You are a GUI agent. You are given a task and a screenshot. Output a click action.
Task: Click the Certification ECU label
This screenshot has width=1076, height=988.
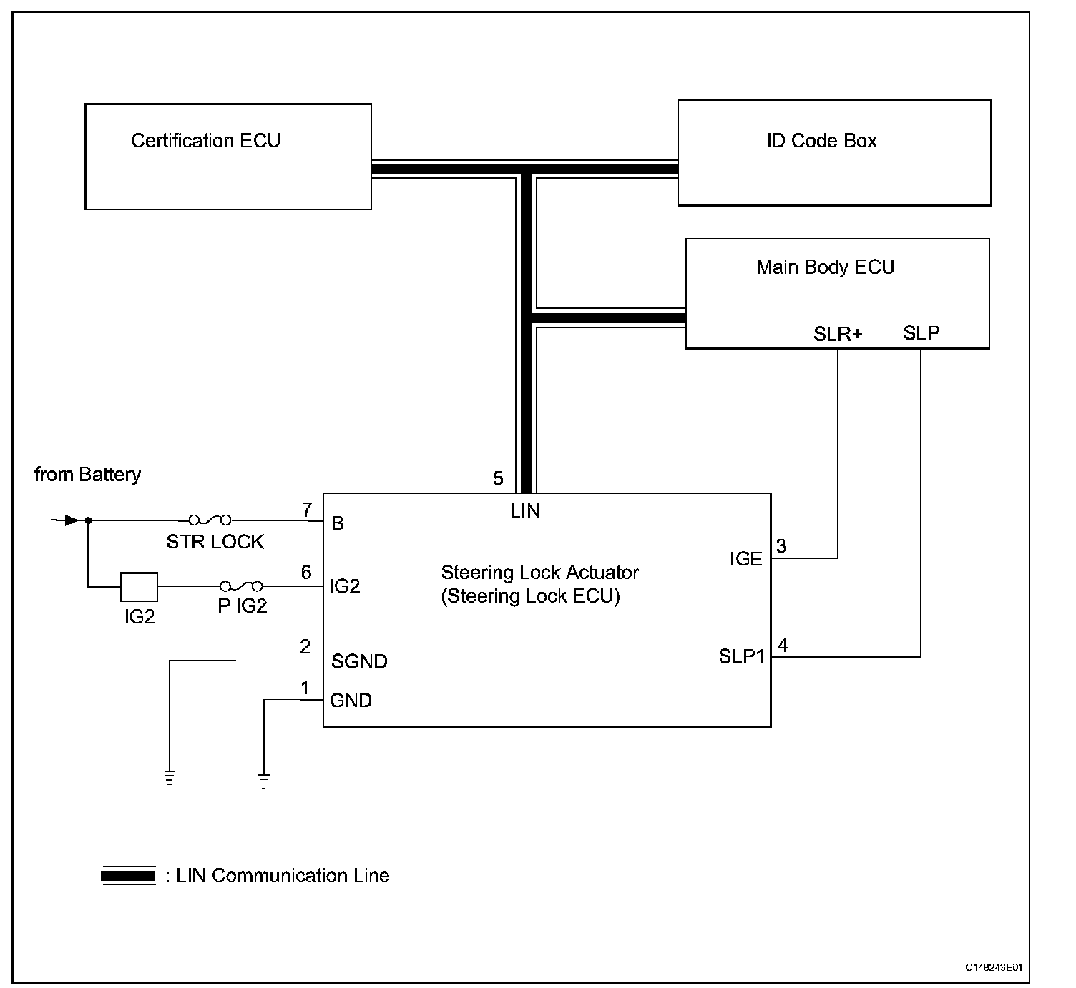(205, 140)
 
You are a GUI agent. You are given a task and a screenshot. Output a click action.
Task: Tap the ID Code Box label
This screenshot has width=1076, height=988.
(821, 140)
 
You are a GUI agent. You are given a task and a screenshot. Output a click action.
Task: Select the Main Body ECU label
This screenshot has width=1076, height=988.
(825, 267)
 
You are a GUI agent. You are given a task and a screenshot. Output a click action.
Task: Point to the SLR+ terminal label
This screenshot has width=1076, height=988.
(838, 334)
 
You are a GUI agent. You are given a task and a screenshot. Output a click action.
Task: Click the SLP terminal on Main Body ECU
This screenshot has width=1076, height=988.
(921, 332)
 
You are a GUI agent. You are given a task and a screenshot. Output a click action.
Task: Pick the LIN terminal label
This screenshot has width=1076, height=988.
(525, 511)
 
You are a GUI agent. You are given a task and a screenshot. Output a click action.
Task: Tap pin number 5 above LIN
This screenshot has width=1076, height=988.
(498, 478)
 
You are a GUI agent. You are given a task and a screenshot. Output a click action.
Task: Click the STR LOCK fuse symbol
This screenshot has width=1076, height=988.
(210, 520)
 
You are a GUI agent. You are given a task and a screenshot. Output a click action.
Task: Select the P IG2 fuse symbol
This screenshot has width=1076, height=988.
(241, 586)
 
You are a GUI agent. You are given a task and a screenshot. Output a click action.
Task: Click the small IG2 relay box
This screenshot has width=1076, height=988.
(139, 586)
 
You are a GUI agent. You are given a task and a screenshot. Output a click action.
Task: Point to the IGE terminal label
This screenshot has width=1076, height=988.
(746, 559)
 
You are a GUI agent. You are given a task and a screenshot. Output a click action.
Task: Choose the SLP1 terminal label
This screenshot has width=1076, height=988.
(741, 656)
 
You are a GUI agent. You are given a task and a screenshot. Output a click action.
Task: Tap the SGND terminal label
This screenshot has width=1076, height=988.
(359, 661)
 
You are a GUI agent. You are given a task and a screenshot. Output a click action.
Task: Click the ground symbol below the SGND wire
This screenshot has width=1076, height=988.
(170, 778)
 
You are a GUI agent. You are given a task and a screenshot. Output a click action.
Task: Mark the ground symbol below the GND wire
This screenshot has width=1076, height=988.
(264, 781)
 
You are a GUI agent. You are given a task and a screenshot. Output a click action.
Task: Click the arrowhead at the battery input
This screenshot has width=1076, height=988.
(70, 520)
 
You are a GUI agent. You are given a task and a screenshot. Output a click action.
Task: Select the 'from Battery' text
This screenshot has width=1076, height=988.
(87, 475)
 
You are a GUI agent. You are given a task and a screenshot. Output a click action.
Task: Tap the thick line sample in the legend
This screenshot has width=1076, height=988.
(129, 876)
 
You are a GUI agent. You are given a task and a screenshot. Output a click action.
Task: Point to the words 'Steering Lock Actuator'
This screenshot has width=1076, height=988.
(539, 573)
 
